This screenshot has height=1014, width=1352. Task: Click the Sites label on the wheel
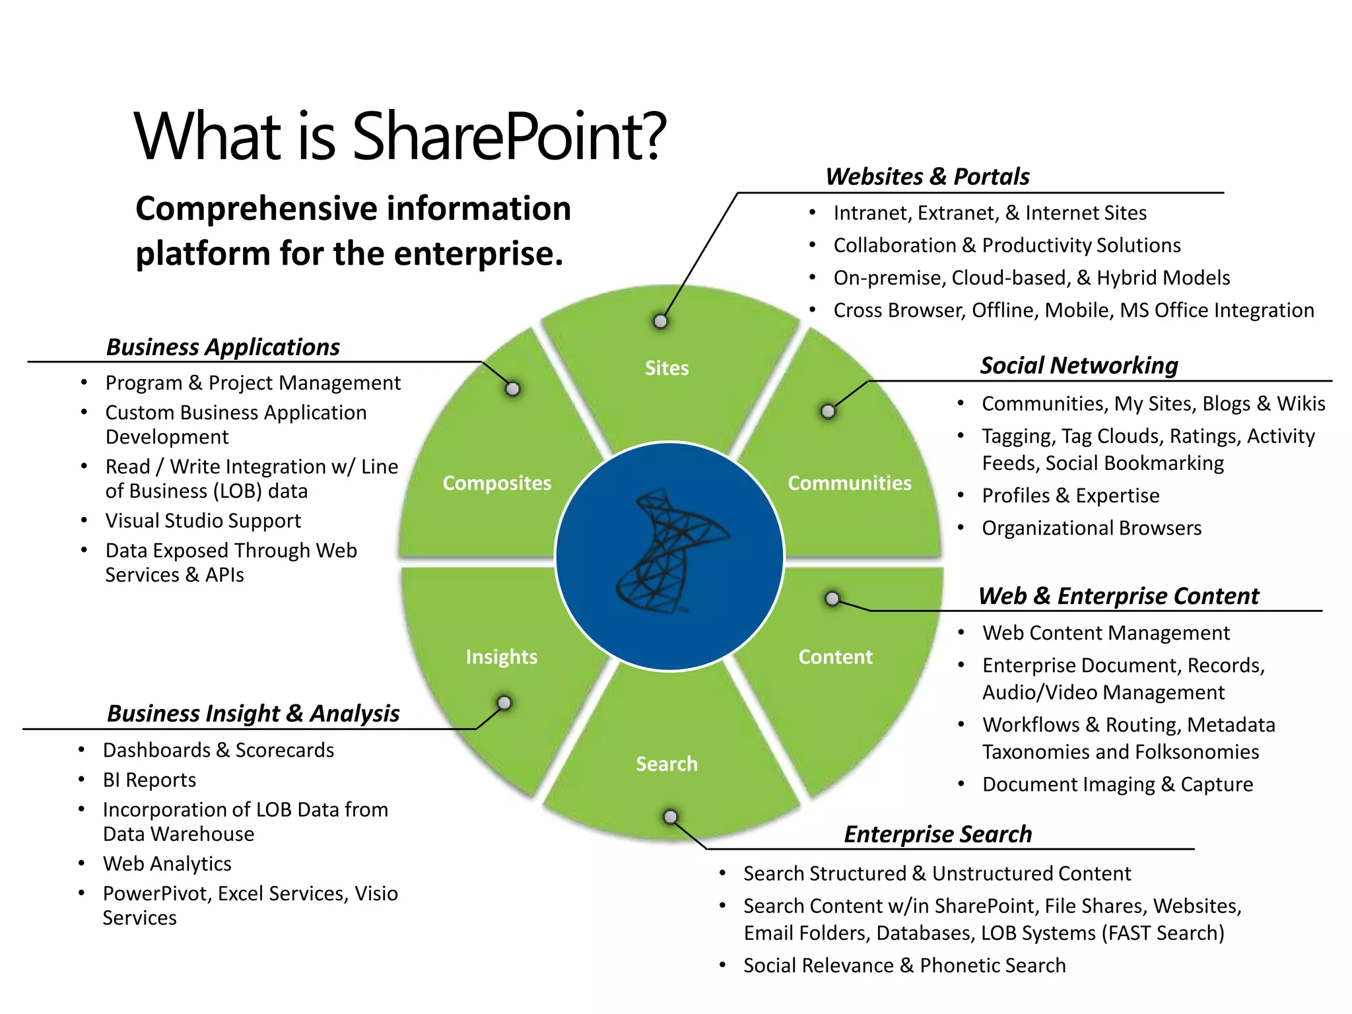667,368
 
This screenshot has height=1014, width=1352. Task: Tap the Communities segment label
849,483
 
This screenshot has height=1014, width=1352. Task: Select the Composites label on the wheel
496,483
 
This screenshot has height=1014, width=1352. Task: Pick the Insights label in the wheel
502,656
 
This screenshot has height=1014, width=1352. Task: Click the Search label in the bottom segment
667,764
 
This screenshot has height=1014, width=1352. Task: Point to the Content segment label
835,656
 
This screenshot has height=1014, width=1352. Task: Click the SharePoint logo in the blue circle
669,552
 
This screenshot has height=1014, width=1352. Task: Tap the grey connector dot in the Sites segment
660,321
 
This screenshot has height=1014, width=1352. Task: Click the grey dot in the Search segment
670,817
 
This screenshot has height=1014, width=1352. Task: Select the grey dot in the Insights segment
504,702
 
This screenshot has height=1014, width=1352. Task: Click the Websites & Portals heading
927,176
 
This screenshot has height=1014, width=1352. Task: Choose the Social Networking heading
1079,365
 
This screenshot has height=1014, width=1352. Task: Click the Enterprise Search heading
937,834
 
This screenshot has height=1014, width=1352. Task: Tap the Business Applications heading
223,347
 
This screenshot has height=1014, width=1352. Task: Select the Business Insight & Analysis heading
253,713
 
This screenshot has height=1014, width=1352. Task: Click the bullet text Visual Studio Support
203,520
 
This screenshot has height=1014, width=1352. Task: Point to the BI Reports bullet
149,780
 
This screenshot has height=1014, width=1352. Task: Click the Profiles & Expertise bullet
1070,495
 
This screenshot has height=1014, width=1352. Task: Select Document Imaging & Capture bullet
1117,784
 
